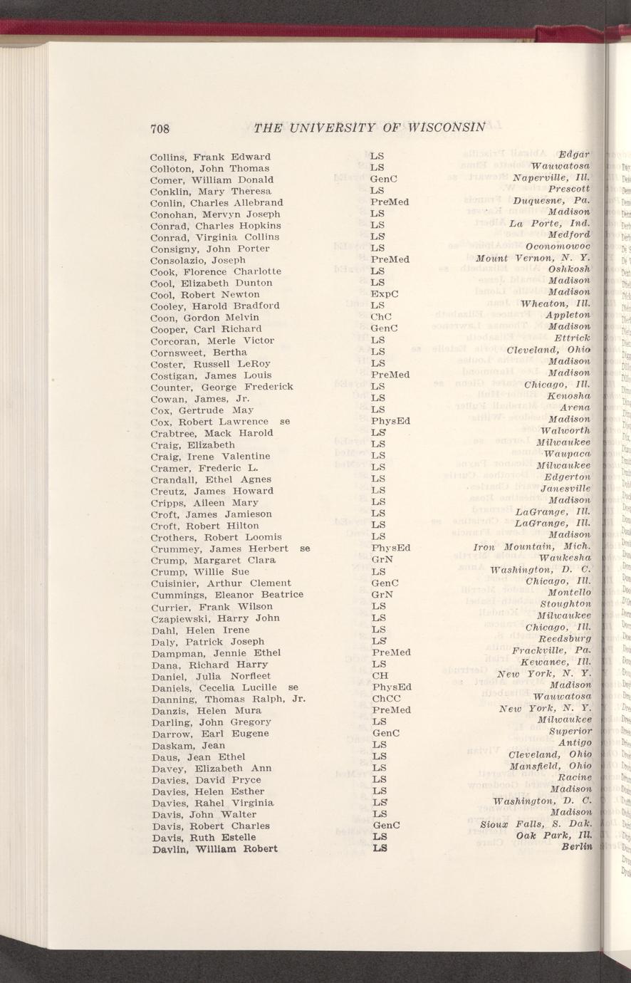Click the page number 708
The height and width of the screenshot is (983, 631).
(159, 129)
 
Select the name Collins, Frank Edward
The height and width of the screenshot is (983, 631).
(210, 156)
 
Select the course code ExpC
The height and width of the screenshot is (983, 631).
(385, 294)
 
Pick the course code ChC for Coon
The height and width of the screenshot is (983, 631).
(382, 317)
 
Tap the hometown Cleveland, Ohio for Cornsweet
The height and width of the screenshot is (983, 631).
(548, 350)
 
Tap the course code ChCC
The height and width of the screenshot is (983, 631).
(385, 699)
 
